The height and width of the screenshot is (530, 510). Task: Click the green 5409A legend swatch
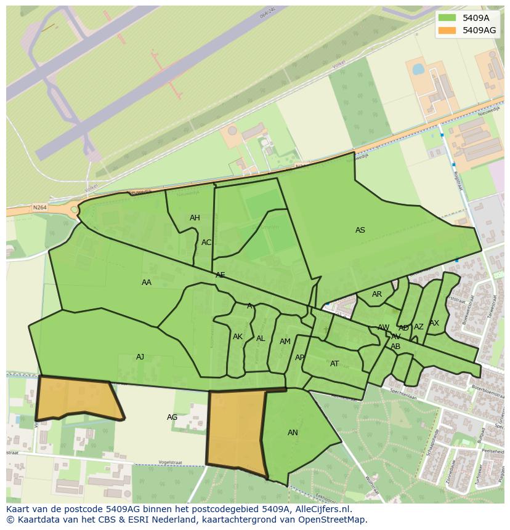coord(447,18)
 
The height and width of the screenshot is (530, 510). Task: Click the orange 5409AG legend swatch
coord(447,30)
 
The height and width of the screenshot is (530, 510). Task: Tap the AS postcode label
coord(360,230)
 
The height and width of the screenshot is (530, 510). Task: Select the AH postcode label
coord(195,218)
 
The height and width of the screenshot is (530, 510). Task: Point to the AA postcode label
coord(147,283)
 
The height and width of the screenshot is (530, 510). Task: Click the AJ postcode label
coord(140,357)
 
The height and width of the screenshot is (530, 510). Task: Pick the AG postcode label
coord(172,417)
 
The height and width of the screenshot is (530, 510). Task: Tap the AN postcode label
coord(293,433)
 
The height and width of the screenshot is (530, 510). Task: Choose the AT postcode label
coord(334,364)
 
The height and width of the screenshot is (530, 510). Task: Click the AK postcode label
coord(238,337)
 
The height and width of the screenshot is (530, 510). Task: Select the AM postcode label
coord(285,342)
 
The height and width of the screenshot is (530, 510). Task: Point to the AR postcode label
coord(377,294)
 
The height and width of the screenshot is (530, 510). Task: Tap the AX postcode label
coord(434,323)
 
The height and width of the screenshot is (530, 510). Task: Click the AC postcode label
coord(206,243)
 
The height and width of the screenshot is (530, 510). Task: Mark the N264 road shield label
coord(39,208)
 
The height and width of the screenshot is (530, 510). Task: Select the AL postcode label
coord(261,339)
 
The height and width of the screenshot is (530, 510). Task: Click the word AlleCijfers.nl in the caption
coord(323,509)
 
